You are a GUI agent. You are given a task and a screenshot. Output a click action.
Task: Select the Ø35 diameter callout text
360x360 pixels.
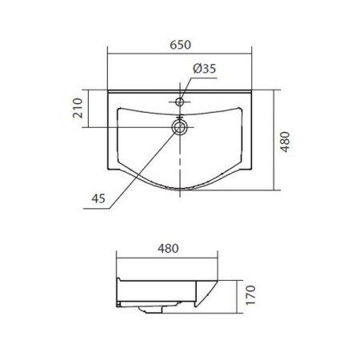[x=204, y=70]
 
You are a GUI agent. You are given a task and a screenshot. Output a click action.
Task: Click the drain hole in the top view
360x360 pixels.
[x=181, y=126]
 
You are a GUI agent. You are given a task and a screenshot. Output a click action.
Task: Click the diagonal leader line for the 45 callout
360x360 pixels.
[x=144, y=164]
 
